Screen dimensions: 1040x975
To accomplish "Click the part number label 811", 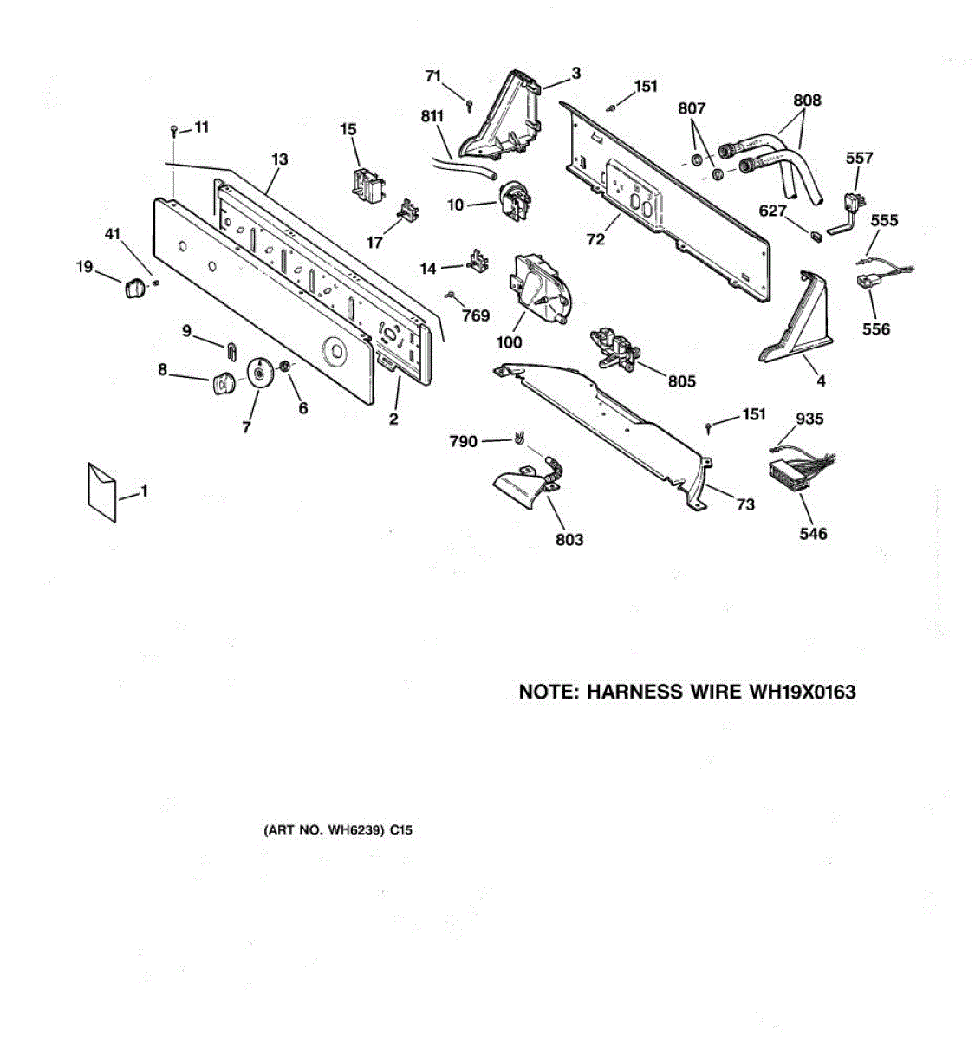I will click(432, 116).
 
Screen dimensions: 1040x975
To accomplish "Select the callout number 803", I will click(569, 540).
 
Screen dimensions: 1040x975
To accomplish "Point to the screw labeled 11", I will click(174, 131).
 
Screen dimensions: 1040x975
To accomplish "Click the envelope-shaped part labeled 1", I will click(102, 491).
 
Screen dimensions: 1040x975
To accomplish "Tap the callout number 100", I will click(509, 341).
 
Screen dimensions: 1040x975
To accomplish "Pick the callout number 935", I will click(809, 419).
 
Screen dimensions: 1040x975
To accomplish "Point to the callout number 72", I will click(595, 238).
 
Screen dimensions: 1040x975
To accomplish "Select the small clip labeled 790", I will click(518, 439).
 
